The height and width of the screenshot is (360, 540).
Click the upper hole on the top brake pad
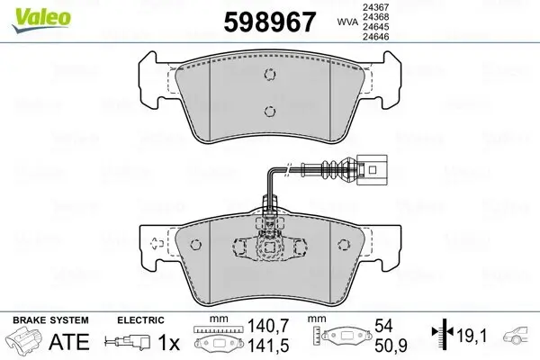(x=269, y=76)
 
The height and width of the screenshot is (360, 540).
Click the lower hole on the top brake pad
(x=269, y=111)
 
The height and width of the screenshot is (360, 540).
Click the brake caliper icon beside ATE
(x=24, y=343)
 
